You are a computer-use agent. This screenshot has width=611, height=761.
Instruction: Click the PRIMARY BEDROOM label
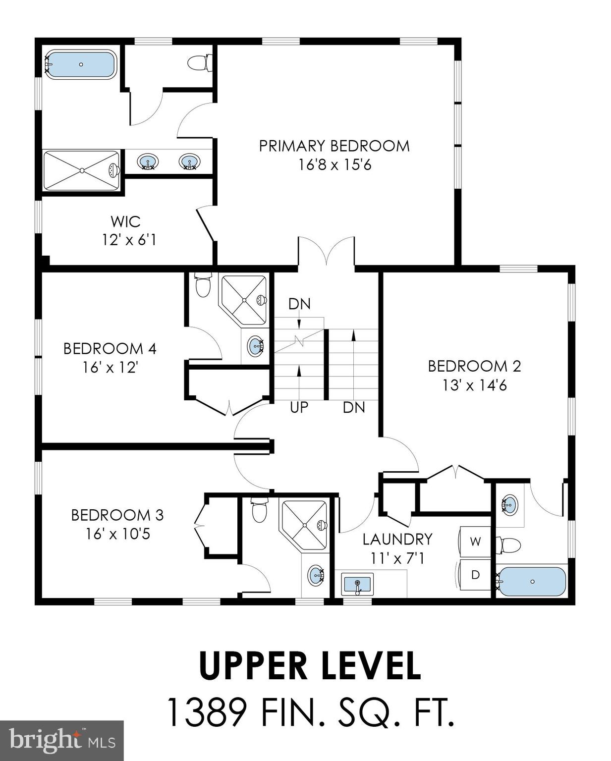coord(334,146)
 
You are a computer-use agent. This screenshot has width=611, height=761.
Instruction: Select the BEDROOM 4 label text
coord(110,349)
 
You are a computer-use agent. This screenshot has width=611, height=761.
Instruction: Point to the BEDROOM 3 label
coord(117,515)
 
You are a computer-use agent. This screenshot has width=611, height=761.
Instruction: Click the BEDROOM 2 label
coord(474,366)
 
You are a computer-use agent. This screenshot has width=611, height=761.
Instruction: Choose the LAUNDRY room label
coord(397,539)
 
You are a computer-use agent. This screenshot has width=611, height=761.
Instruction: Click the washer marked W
coord(475,542)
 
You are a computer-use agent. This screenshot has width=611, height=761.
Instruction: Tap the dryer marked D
coord(475,575)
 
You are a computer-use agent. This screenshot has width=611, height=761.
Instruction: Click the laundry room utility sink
coord(357,585)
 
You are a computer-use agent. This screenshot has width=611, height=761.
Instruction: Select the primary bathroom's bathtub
coord(81,64)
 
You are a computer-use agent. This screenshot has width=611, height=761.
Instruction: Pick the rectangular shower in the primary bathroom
coord(81,170)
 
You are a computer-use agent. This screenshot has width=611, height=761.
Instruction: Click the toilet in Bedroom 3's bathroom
coord(260,511)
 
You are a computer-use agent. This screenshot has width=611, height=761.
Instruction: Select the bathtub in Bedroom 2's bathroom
coord(532,581)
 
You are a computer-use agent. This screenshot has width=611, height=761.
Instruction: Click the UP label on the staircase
coord(299,407)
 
